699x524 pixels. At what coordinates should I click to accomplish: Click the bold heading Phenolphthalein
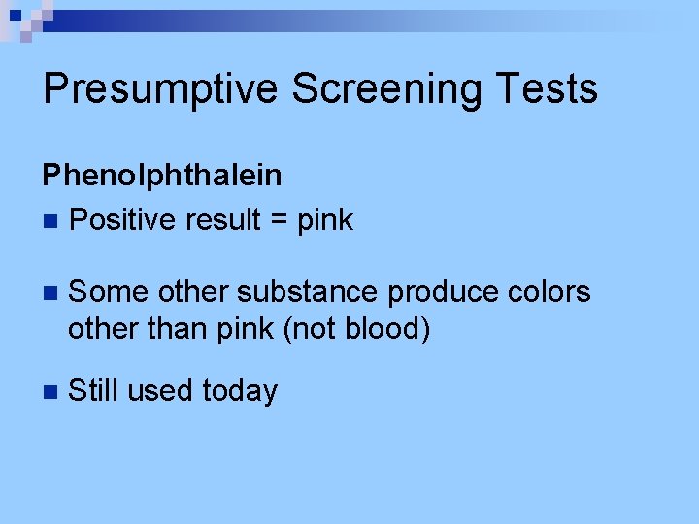point(162,176)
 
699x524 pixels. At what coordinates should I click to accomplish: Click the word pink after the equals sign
point(325,221)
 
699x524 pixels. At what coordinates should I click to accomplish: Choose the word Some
point(109,292)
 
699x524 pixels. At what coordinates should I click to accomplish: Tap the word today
point(240,391)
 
